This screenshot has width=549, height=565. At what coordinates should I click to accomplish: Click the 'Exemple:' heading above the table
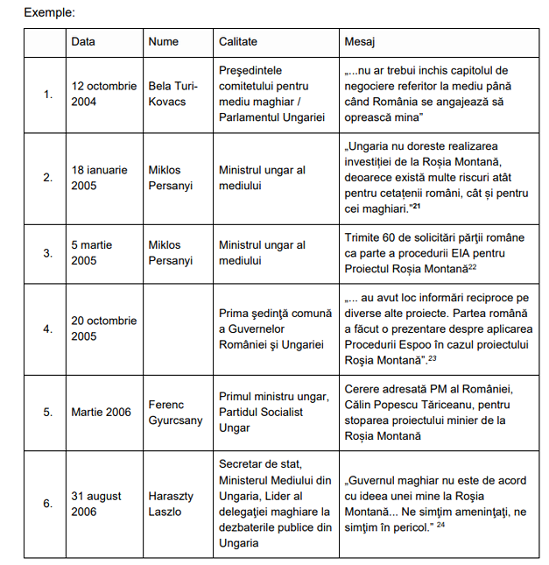coord(49,13)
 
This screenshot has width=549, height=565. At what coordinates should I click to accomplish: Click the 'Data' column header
coord(83,41)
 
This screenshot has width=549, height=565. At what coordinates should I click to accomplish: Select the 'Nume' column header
coord(163,41)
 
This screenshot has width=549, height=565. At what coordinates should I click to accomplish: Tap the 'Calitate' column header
coord(238,41)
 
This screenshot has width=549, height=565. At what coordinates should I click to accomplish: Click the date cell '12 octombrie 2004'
coord(103,94)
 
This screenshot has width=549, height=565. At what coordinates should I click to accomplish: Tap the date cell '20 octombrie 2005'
coord(103,328)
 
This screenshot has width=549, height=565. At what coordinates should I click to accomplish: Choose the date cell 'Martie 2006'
coord(101,413)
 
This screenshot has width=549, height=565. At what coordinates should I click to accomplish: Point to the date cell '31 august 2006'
coord(94,504)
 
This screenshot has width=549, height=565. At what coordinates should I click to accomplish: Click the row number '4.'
coord(47,329)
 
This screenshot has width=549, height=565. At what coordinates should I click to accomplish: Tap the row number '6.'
coord(47,504)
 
